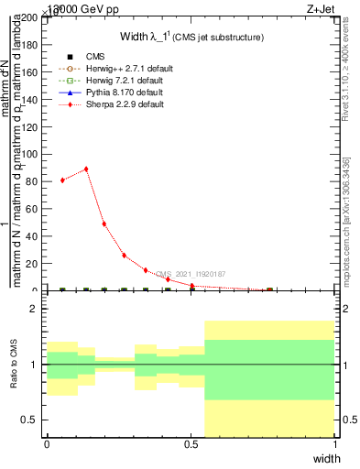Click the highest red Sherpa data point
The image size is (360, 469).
click(x=86, y=169)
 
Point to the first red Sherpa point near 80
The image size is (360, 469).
click(x=62, y=180)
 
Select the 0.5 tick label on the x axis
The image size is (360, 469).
click(x=191, y=443)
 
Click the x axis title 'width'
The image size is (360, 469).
click(x=326, y=457)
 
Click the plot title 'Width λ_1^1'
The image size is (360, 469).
click(x=192, y=37)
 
